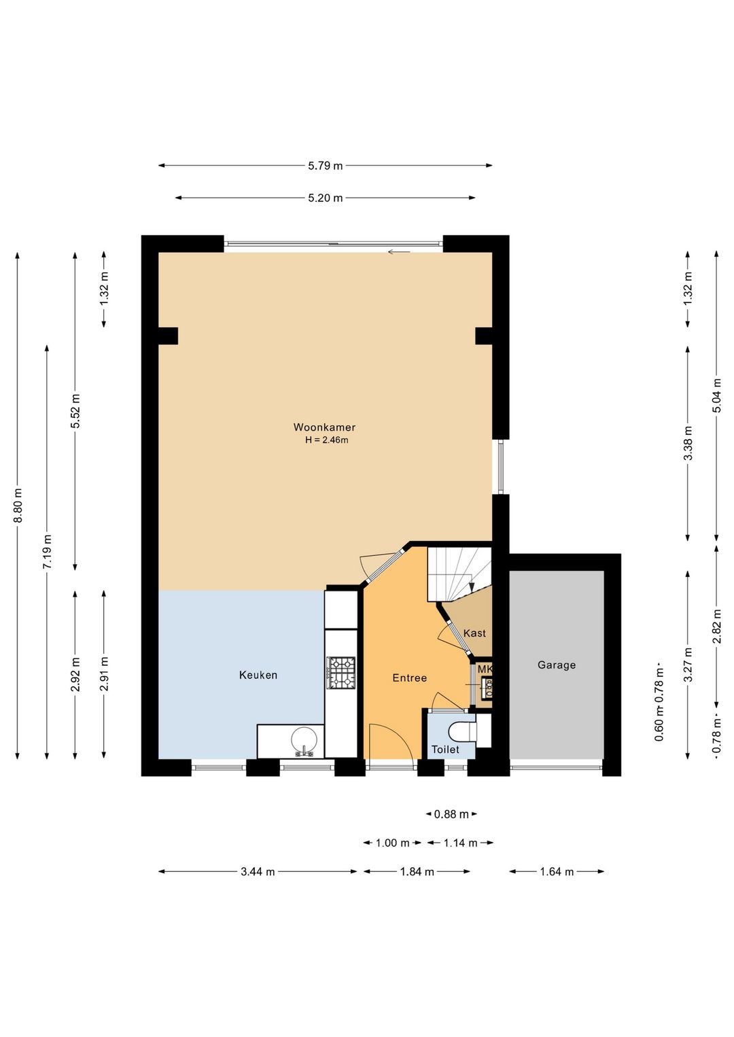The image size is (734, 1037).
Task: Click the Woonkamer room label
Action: [324, 427]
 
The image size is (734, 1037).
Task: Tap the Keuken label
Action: [258, 675]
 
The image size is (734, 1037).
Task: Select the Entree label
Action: [409, 678]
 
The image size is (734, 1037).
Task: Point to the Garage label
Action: [557, 665]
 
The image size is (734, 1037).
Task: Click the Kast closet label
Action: [474, 633]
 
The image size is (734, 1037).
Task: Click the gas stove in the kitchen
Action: [341, 673]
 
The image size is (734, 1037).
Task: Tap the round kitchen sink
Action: [304, 739]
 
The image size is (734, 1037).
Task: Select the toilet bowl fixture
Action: [462, 731]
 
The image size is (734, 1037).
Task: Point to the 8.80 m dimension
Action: [18, 505]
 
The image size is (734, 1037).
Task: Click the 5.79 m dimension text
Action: [326, 166]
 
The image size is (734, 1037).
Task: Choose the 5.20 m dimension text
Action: [326, 198]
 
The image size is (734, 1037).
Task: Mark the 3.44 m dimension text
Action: [258, 872]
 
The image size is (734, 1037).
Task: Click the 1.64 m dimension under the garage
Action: [557, 872]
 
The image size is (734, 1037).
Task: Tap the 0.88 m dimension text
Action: [451, 814]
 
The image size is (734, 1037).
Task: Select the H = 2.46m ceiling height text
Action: [326, 440]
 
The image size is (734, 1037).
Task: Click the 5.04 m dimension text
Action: [717, 396]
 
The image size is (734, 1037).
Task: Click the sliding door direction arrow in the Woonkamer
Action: [399, 252]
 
